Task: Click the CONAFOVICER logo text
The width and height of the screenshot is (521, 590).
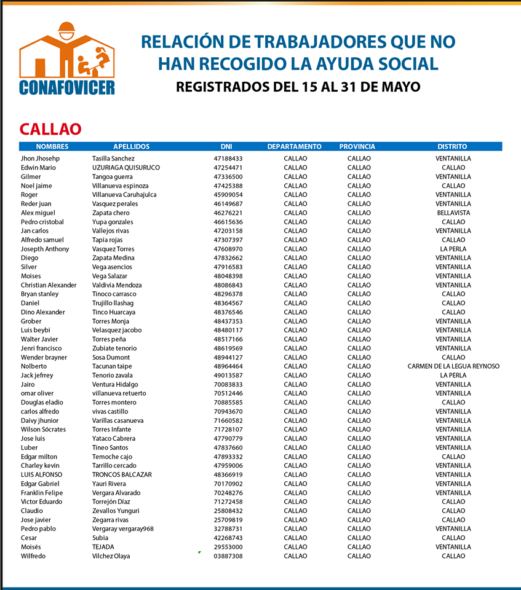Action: click(x=67, y=87)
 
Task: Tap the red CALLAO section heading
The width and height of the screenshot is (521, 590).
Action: click(x=50, y=129)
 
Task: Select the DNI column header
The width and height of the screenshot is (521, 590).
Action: click(x=226, y=146)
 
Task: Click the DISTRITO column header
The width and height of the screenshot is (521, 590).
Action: click(x=453, y=146)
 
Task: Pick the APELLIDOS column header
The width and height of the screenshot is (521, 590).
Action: click(x=132, y=146)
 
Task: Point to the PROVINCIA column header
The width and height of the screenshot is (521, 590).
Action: click(x=357, y=146)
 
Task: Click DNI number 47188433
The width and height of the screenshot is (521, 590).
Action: click(x=228, y=159)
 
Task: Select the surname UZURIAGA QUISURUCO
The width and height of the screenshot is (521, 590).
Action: click(x=126, y=167)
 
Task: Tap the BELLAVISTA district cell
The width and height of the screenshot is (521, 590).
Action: click(x=453, y=213)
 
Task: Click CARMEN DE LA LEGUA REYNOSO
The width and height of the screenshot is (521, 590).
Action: click(x=453, y=366)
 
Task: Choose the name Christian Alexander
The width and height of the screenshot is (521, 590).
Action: click(x=49, y=285)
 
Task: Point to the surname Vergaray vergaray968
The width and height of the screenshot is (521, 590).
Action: click(x=123, y=529)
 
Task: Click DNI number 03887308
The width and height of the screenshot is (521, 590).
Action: click(x=228, y=556)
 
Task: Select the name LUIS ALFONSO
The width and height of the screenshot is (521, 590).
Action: click(x=41, y=474)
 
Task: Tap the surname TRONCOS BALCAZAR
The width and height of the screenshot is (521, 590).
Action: click(x=122, y=474)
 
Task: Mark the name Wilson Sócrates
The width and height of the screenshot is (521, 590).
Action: click(x=43, y=430)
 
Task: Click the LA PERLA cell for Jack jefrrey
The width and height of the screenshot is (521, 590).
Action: click(x=453, y=376)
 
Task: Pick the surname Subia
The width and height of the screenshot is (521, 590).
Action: click(x=100, y=538)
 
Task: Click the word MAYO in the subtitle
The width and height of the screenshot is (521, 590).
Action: click(x=400, y=87)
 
